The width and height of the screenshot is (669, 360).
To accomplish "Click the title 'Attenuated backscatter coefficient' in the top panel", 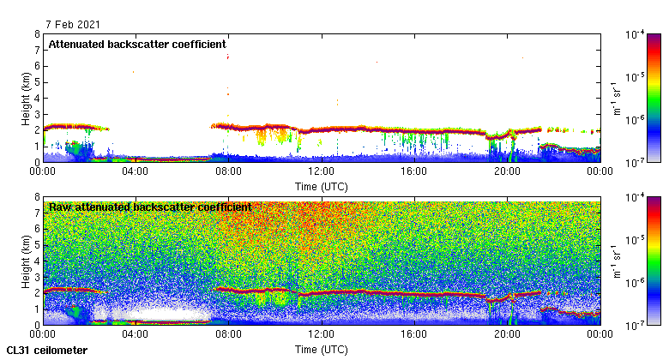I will pyautogui.click(x=137, y=44).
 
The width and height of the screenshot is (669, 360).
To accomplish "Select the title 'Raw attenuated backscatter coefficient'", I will pyautogui.click(x=150, y=207).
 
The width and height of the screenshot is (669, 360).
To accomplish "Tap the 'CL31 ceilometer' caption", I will pyautogui.click(x=47, y=351).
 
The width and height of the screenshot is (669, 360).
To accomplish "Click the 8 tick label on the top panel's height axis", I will pyautogui.click(x=35, y=35).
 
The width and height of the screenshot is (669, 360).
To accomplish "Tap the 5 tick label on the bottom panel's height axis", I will pyautogui.click(x=35, y=245).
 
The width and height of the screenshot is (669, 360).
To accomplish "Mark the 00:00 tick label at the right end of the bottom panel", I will pyautogui.click(x=599, y=334).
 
